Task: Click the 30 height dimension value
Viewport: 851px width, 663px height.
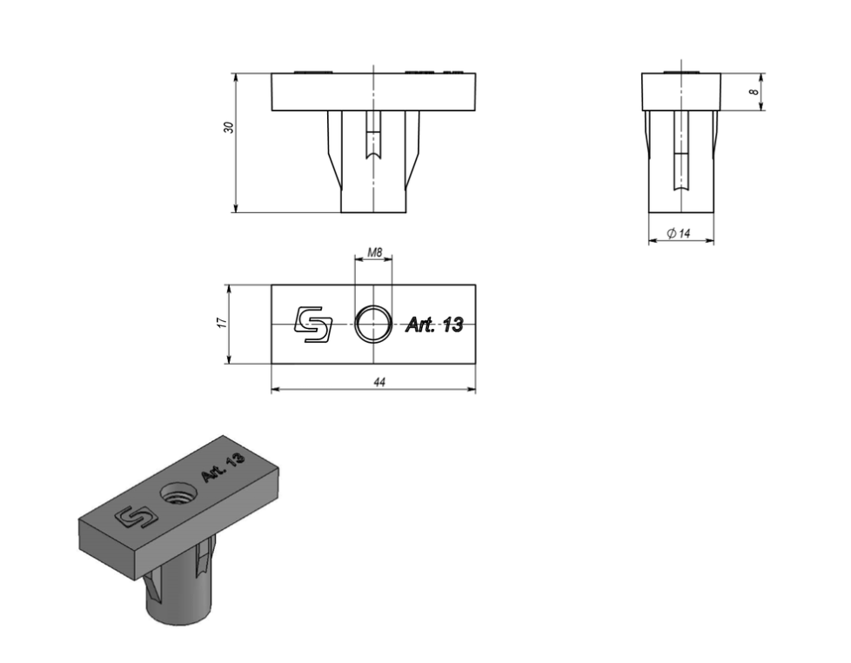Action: tap(229, 128)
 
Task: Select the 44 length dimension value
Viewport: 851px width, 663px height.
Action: tap(379, 383)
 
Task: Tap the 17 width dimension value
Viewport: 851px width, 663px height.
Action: tap(221, 323)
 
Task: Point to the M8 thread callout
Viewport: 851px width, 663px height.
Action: tap(375, 252)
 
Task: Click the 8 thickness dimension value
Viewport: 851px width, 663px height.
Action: tap(754, 92)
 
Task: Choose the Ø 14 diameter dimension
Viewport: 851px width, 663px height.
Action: tap(679, 233)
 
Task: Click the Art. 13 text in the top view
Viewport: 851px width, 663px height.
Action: tap(435, 325)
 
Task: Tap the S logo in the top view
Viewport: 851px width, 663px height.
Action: tap(313, 325)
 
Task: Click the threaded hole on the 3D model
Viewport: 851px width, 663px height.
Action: tap(178, 495)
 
